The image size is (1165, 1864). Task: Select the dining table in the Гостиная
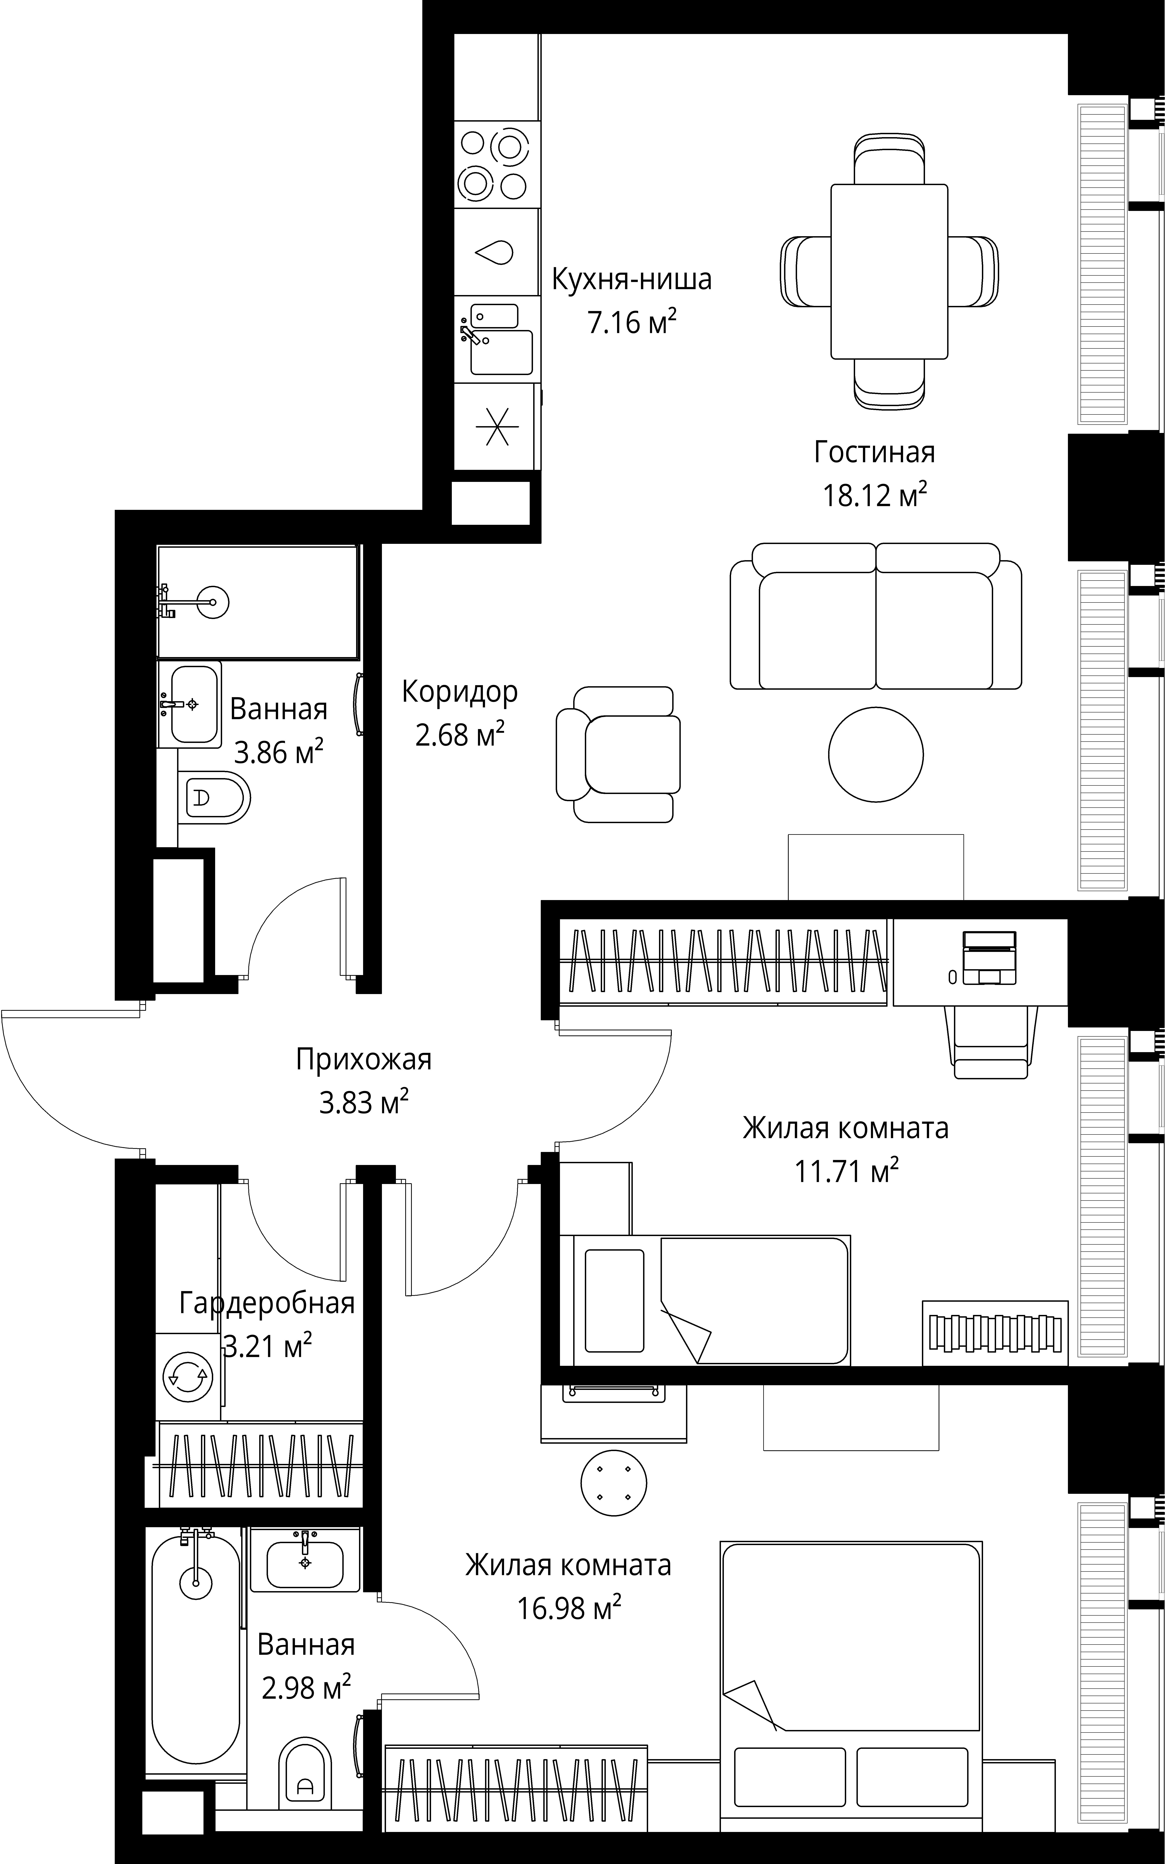pos(889,271)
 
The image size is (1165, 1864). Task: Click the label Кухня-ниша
pos(632,279)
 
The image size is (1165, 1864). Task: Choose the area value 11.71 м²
pos(847,1170)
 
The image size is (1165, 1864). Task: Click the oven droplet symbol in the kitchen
pos(494,252)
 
